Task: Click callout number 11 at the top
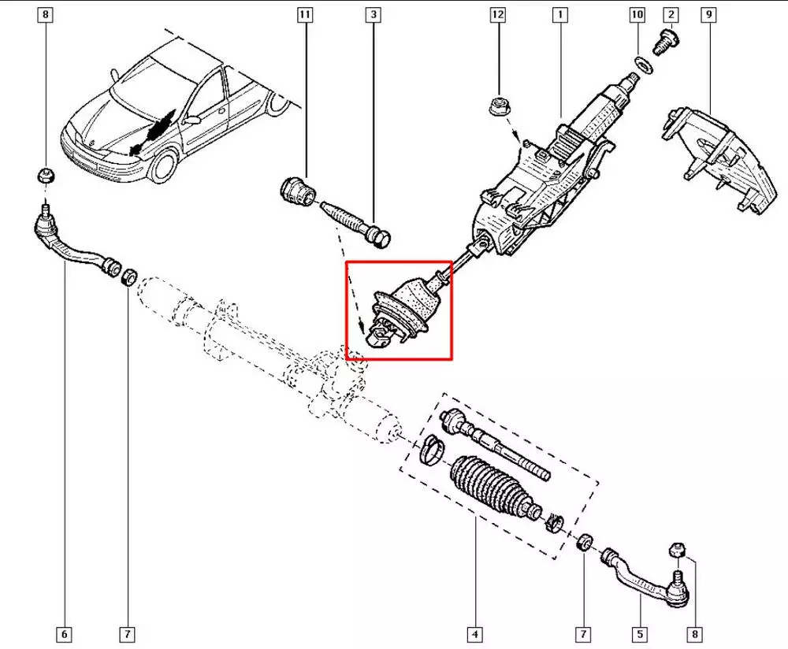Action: pos(304,14)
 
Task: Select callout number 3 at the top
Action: pos(373,14)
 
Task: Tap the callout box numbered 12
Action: pos(497,14)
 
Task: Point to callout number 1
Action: pos(559,14)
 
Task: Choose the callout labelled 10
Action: pos(637,14)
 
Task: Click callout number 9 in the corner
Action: pos(708,14)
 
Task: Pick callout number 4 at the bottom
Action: pos(475,634)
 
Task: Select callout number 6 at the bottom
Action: pos(64,634)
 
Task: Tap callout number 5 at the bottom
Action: pos(640,634)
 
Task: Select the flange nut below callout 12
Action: pos(498,107)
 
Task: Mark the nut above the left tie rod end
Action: pos(46,176)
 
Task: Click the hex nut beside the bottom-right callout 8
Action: pos(677,549)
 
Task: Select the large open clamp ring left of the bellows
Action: pos(432,450)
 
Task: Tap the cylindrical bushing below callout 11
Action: pos(297,190)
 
